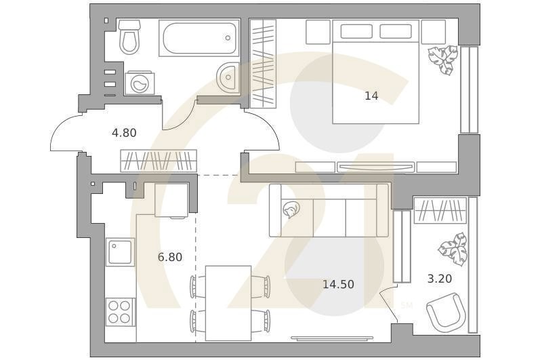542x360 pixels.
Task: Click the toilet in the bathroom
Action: [129, 37]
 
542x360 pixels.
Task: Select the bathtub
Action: [199, 38]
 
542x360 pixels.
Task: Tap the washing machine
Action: [140, 83]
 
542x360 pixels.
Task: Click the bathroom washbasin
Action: [228, 77]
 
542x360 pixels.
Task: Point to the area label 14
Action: [371, 96]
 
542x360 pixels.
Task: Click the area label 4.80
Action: [124, 133]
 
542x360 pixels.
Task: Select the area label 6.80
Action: [170, 257]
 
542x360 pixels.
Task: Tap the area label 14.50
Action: [338, 284]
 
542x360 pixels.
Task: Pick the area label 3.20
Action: [440, 277]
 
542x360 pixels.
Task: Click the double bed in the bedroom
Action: [375, 71]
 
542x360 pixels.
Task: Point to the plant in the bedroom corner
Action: [442, 60]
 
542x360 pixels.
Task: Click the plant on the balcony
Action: [452, 249]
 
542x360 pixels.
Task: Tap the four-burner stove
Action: [120, 312]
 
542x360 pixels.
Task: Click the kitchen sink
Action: [121, 252]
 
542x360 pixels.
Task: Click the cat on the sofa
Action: [291, 211]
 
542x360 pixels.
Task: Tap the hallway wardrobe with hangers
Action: [159, 161]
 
